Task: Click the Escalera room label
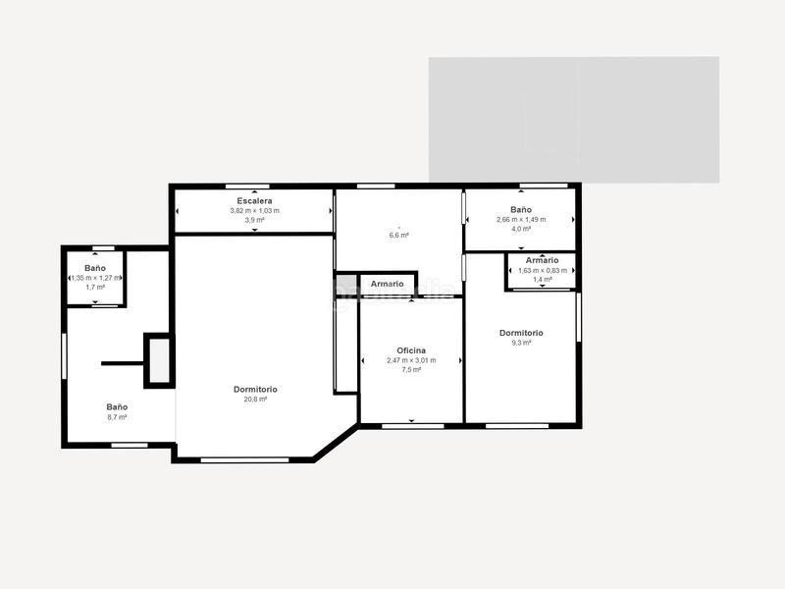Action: point(254,200)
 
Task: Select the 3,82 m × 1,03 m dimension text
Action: point(254,210)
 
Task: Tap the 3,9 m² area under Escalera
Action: point(254,220)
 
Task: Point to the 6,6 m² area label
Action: point(398,235)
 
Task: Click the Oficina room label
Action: point(411,350)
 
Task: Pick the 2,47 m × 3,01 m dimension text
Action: point(411,360)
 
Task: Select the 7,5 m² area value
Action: point(411,370)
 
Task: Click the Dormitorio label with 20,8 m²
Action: point(255,390)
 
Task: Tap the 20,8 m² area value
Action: point(255,400)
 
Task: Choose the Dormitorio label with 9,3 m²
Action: point(521,333)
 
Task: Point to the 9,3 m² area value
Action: point(521,343)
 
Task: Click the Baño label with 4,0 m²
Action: point(521,209)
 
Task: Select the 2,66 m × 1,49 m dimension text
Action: point(521,219)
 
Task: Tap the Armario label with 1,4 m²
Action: point(542,260)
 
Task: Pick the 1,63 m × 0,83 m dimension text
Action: point(542,270)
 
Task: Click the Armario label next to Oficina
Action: point(388,284)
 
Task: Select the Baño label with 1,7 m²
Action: point(95,268)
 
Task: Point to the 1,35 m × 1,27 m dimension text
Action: point(95,278)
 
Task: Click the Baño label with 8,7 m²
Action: point(118,406)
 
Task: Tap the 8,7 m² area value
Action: point(118,417)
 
